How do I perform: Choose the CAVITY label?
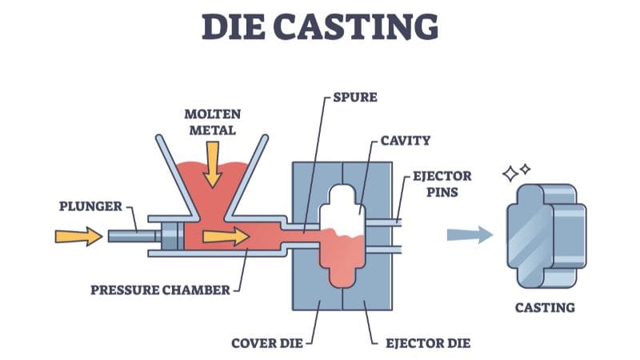(x=405, y=141)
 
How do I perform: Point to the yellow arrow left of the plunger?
(x=78, y=235)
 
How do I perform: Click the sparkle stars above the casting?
(x=516, y=172)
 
